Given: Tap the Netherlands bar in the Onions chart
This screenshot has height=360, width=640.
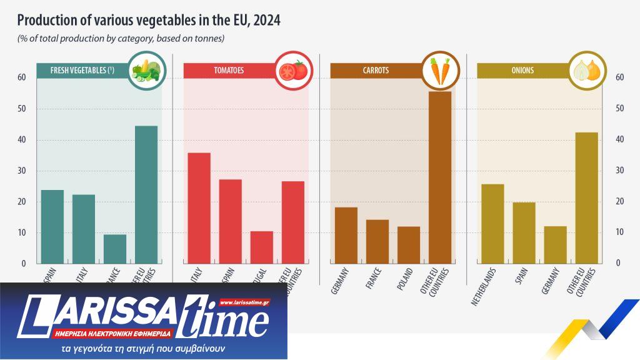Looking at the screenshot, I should tap(492, 223).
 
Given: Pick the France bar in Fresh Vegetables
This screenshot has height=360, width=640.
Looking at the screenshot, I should tap(115, 248).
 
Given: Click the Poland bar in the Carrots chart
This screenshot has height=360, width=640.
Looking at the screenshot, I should tap(409, 244).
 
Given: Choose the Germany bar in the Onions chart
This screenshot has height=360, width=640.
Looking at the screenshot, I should tap(555, 244).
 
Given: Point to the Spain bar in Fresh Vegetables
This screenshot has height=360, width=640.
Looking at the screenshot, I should tap(52, 226).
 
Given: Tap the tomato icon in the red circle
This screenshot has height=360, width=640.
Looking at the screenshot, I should tap(293, 71).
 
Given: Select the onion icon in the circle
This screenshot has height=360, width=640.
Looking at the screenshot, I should tap(587, 71).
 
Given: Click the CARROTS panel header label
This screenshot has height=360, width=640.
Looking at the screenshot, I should tap(376, 71).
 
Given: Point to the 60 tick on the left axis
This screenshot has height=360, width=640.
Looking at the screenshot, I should tap(22, 77).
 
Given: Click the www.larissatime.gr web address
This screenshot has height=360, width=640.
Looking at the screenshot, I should tap(244, 302).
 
